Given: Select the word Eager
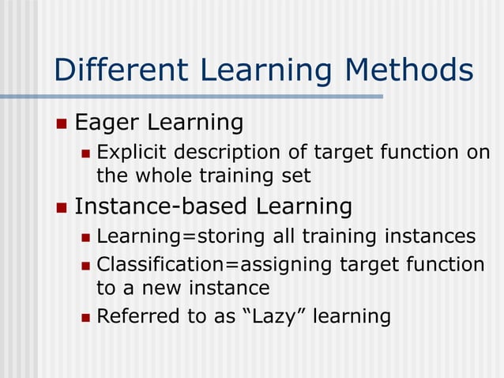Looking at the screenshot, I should pyautogui.click(x=103, y=123).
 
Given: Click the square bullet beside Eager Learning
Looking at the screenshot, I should pyautogui.click(x=62, y=123).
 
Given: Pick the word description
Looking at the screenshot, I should pyautogui.click(x=231, y=152).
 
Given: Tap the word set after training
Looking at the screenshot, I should pyautogui.click(x=296, y=176).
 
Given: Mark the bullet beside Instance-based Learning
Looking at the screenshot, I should pyautogui.click(x=62, y=208).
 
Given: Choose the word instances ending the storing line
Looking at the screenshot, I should pyautogui.click(x=430, y=236).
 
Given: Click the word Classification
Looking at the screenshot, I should pyautogui.click(x=159, y=264).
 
